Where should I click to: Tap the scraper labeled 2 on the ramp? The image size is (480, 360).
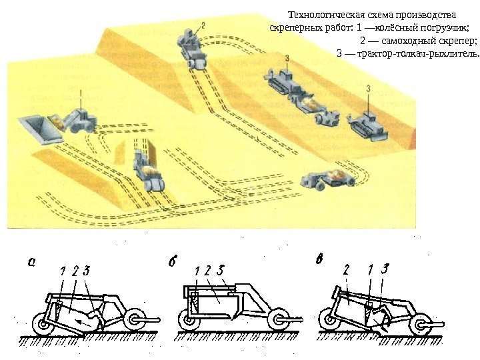pos(193,51)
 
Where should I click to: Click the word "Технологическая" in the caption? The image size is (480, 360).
pos(321,14)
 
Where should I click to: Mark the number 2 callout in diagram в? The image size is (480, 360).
pos(347,270)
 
